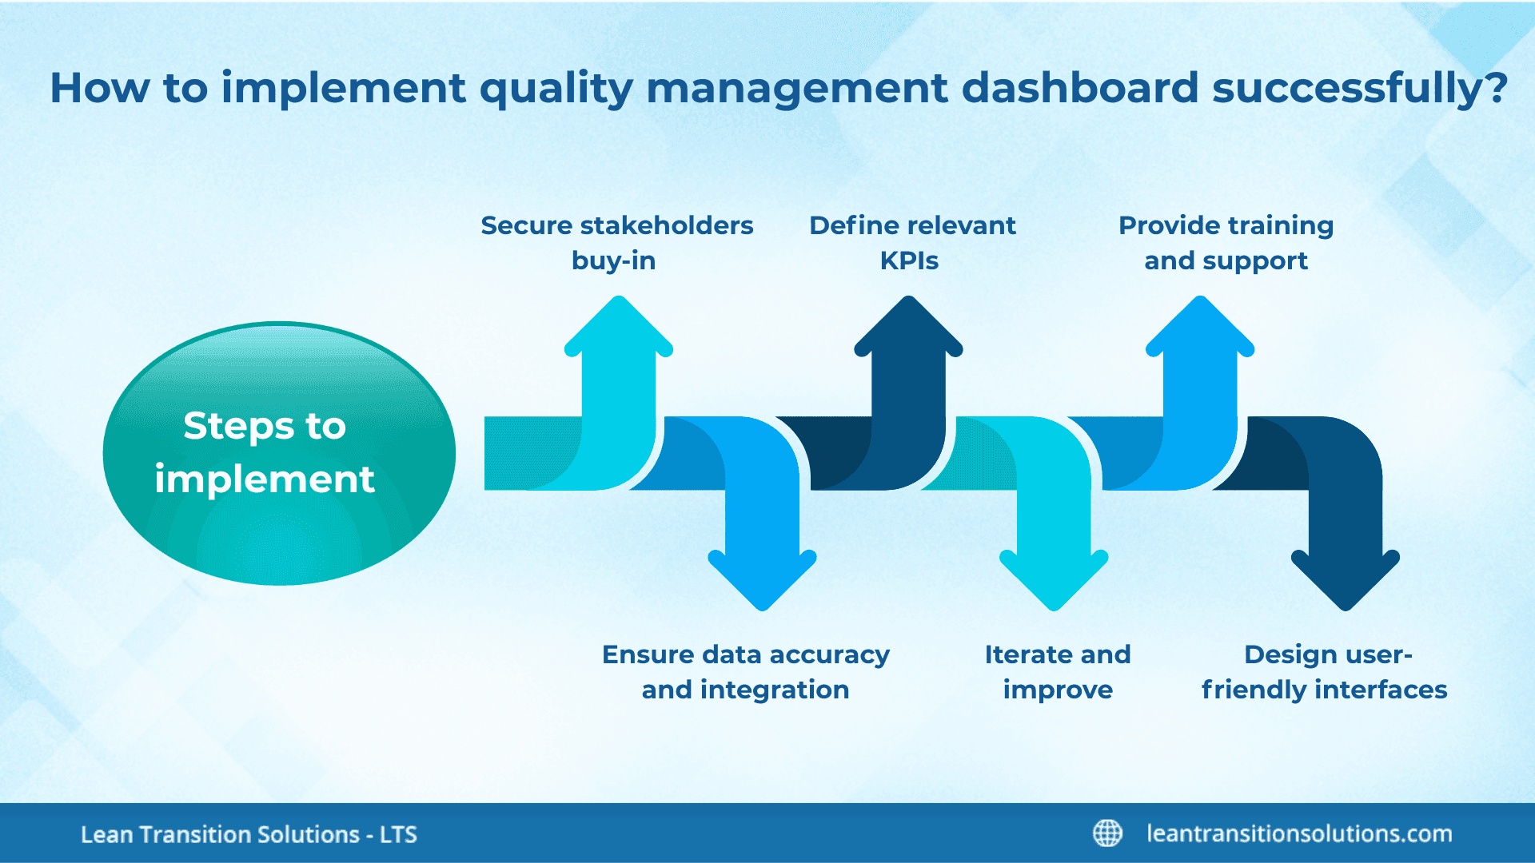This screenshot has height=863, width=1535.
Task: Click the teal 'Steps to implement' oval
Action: click(x=279, y=453)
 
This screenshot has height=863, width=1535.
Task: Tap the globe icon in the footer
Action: click(x=1107, y=833)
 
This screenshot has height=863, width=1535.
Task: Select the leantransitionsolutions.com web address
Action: click(x=1299, y=833)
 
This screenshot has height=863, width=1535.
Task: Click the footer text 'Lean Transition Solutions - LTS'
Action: click(x=249, y=834)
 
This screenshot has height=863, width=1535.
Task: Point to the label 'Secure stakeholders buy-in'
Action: click(x=616, y=243)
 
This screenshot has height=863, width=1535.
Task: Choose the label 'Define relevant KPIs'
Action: click(x=911, y=243)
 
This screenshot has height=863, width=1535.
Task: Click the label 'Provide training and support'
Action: click(x=1226, y=243)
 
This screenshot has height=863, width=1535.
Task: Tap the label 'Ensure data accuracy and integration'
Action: click(x=745, y=672)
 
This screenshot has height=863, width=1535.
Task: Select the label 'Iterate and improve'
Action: click(x=1057, y=672)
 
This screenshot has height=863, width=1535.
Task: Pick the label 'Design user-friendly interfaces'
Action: click(x=1324, y=672)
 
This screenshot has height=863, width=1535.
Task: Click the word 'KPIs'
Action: click(x=909, y=261)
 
